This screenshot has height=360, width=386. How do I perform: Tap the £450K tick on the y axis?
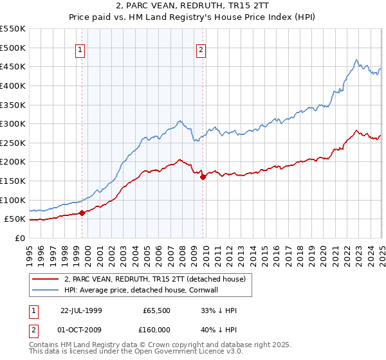tap(14, 66)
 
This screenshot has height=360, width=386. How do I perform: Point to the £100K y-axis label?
tap(14, 200)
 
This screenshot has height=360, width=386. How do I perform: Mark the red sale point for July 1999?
tap(82, 213)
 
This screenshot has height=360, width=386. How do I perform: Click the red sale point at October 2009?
tap(203, 177)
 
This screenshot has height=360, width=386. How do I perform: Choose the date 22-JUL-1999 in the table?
tap(81, 310)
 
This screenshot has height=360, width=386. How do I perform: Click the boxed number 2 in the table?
tap(33, 331)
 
